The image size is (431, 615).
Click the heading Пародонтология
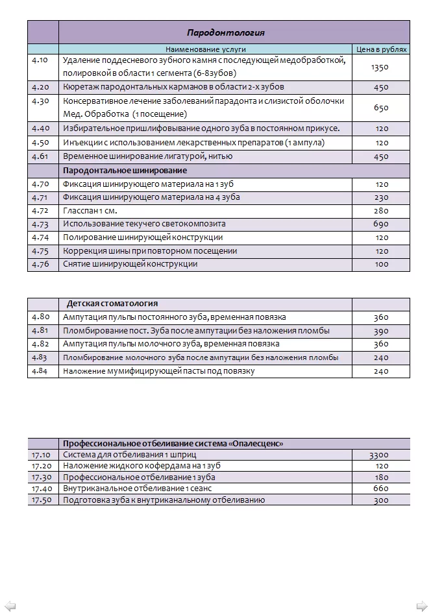[225, 32]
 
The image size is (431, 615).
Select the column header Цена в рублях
[382, 49]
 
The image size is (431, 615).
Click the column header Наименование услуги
[205, 49]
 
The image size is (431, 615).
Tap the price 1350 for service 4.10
[380, 67]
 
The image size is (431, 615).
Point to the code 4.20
[40, 87]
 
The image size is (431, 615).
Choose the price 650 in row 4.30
[382, 108]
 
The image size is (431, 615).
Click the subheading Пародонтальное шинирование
[125, 171]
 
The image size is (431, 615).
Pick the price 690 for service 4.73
[382, 224]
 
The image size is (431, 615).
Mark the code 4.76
[40, 264]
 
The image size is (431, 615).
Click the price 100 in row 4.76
[382, 264]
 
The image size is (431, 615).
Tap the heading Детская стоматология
[112, 304]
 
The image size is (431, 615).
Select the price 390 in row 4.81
[382, 331]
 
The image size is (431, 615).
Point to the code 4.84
[40, 371]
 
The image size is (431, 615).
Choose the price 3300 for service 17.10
[379, 455]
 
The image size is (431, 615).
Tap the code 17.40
[42, 488]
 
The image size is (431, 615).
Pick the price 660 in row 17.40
[382, 488]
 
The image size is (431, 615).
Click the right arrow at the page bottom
[420, 604]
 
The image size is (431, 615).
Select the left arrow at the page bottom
[11, 604]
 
